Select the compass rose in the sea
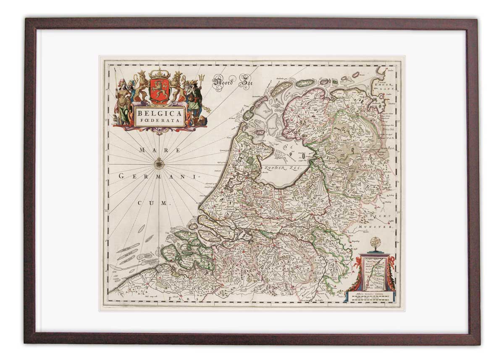[159, 163]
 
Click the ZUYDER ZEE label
[285, 167]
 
